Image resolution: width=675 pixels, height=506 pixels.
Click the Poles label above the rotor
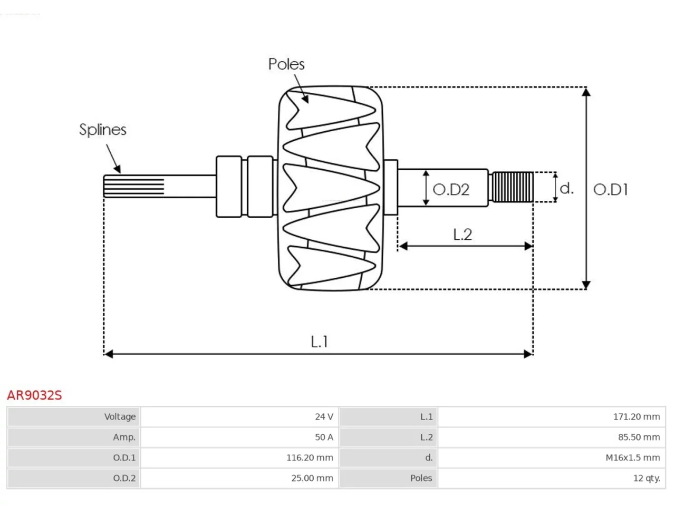click(286, 64)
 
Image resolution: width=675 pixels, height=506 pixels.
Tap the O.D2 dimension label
click(451, 190)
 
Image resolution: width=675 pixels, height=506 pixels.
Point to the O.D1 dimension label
click(611, 190)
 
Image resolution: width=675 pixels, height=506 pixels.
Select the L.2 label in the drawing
click(462, 235)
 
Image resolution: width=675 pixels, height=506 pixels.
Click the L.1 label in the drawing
click(320, 342)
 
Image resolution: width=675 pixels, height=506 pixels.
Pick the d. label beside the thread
click(566, 188)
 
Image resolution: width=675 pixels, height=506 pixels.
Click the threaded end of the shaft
click(513, 187)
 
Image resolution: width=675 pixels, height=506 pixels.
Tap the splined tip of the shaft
click(134, 186)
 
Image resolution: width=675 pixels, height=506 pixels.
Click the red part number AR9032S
click(34, 395)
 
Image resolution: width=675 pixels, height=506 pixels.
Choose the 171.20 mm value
click(637, 416)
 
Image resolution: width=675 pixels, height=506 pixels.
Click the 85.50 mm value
click(639, 437)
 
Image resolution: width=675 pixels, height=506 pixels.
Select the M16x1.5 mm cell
click(633, 458)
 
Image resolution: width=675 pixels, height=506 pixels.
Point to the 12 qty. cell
click(647, 479)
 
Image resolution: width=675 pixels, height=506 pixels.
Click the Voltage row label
click(120, 417)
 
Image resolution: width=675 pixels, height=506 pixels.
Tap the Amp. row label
click(124, 437)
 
